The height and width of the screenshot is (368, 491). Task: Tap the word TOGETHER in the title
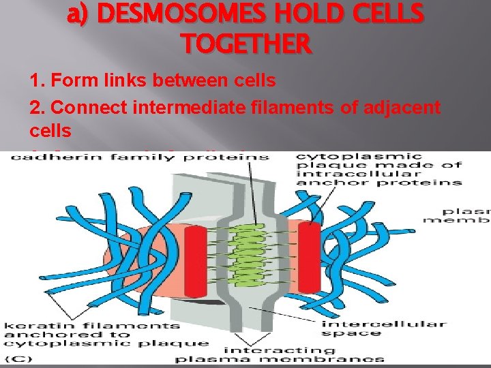[x=247, y=45]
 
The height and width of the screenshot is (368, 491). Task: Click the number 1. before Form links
[x=37, y=81]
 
